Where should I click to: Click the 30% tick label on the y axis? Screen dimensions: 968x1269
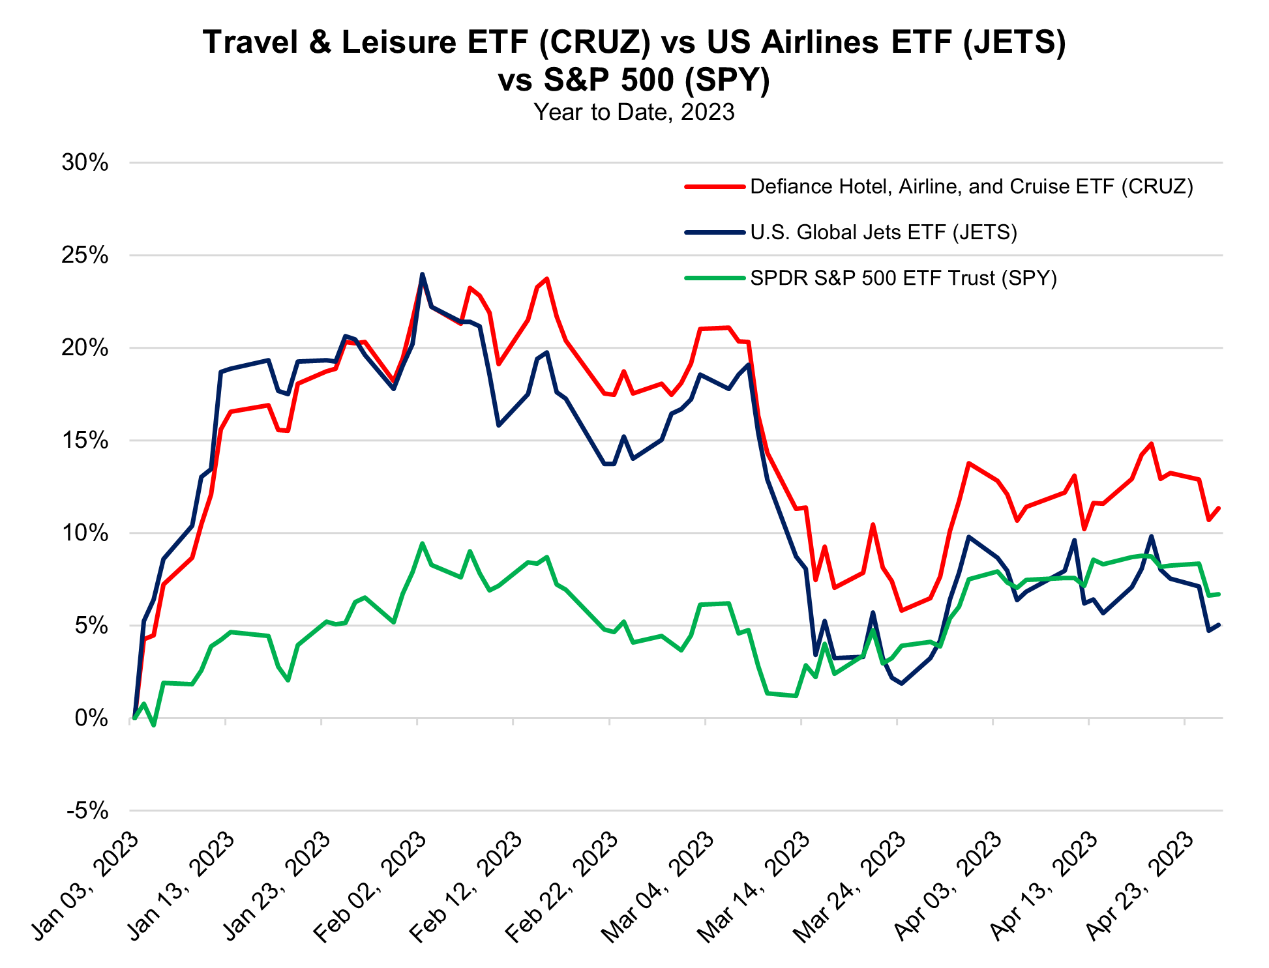pyautogui.click(x=85, y=163)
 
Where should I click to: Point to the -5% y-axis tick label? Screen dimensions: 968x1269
pyautogui.click(x=87, y=812)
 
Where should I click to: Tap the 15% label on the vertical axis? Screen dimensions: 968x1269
pyautogui.click(x=85, y=441)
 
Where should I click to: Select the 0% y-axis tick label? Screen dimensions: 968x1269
pyautogui.click(x=91, y=718)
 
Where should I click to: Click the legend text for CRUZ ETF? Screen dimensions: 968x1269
pyautogui.click(x=972, y=187)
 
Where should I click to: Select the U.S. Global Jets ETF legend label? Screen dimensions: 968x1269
pyautogui.click(x=884, y=233)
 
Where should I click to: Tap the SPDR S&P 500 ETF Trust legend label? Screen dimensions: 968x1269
pyautogui.click(x=903, y=278)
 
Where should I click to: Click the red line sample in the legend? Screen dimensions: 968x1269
pyautogui.click(x=715, y=187)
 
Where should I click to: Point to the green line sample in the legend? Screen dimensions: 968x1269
pyautogui.click(x=715, y=278)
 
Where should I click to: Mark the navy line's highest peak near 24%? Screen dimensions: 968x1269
pyautogui.click(x=422, y=274)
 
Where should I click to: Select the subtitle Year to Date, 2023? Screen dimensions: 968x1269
pyautogui.click(x=634, y=113)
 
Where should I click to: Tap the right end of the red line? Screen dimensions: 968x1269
pyautogui.click(x=1218, y=508)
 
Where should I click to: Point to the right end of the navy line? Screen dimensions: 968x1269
pyautogui.click(x=1218, y=625)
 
